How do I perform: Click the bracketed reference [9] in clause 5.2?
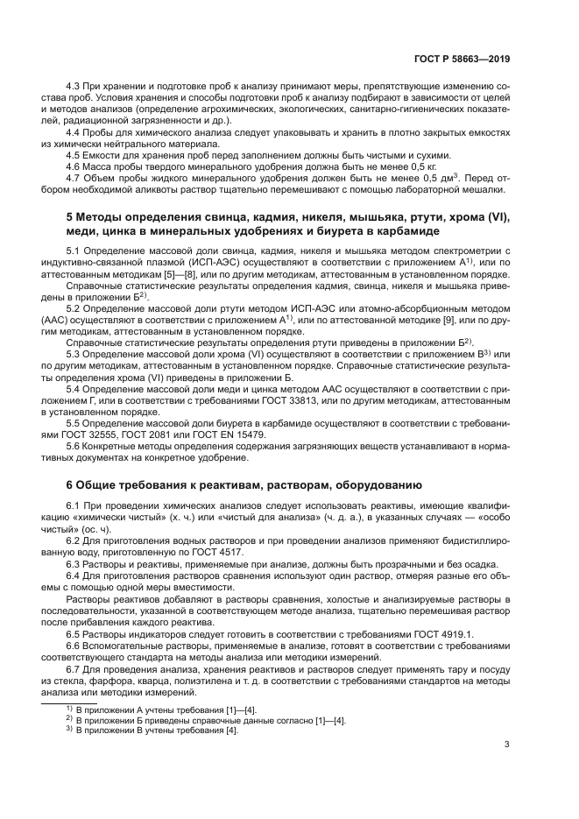click(448, 321)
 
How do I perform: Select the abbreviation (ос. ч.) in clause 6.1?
click(94, 529)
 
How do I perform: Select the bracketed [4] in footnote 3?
click(231, 730)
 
